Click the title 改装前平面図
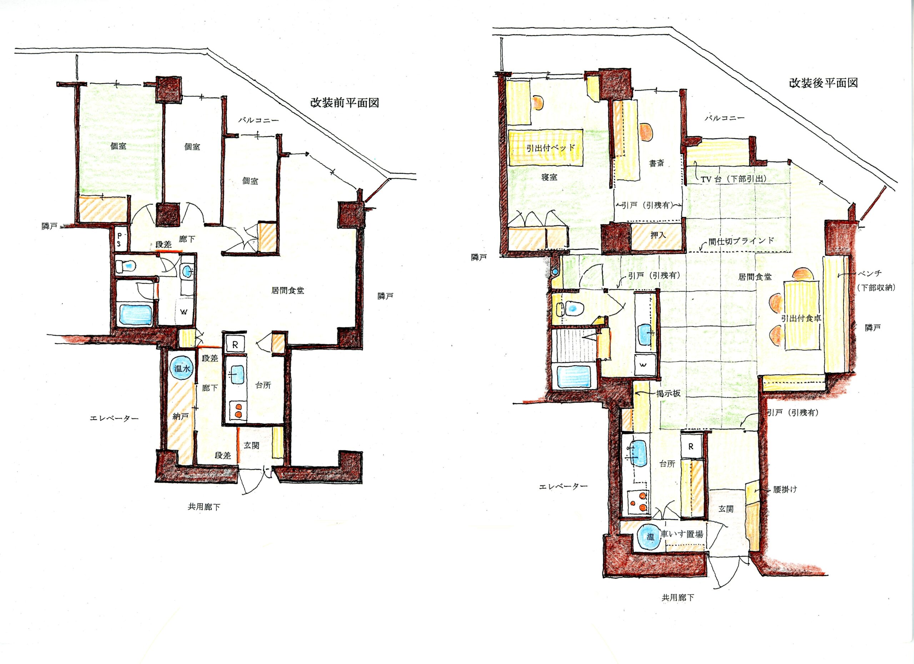[x=344, y=103]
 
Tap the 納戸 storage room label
[x=180, y=417]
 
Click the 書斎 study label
[x=657, y=163]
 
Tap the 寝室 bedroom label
[x=549, y=177]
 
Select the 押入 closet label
[x=658, y=235]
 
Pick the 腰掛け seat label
[x=785, y=490]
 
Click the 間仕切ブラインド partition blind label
[x=742, y=241]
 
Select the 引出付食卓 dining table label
[x=801, y=318]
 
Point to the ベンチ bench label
[x=870, y=274]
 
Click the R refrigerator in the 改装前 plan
[x=235, y=344]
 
